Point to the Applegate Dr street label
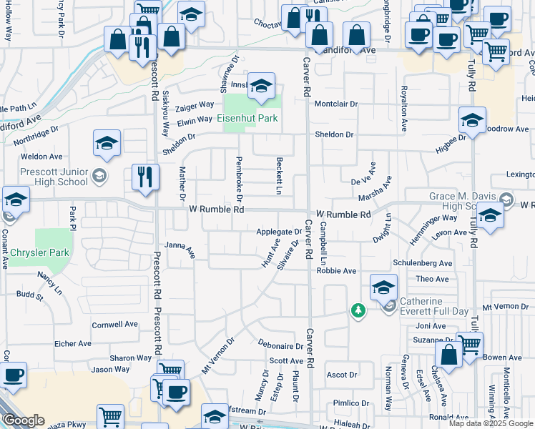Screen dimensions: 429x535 [x=280, y=232]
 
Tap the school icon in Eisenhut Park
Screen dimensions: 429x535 [x=262, y=87]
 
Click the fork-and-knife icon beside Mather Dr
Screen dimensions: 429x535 [x=145, y=177]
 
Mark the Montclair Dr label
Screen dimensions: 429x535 [x=335, y=104]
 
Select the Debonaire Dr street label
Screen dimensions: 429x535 [x=282, y=346]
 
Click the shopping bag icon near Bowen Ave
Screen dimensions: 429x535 [x=448, y=354]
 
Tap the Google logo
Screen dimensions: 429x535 [x=24, y=420]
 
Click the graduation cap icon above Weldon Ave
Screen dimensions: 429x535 [x=107, y=143]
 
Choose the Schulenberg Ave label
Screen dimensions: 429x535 [x=423, y=263]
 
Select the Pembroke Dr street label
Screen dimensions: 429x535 [x=239, y=177]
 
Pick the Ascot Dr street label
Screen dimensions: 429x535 [x=341, y=375]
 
